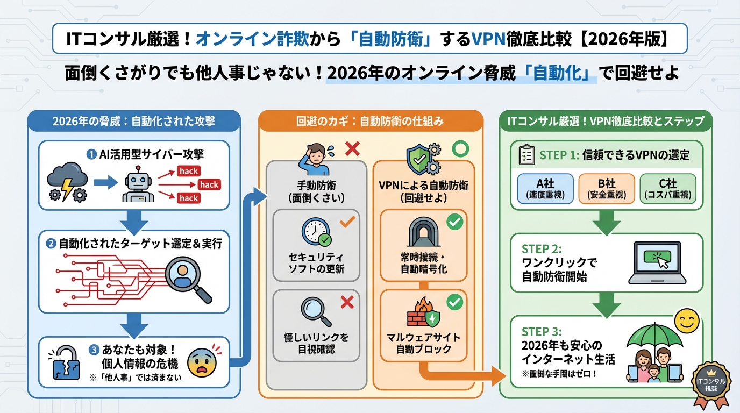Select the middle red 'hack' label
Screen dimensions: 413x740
pos(209,184)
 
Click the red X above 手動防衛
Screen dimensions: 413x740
pos(352,148)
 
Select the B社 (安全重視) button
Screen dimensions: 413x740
pos(606,189)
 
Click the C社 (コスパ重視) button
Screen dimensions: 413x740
pos(667,189)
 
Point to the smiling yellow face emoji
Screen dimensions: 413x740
pos(687,323)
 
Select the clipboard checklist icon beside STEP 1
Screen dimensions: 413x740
pos(525,155)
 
